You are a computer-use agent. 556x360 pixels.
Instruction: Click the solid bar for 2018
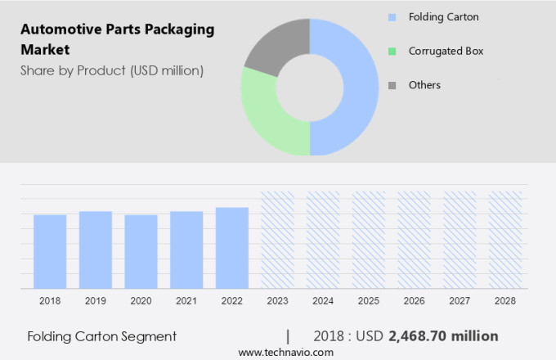50,251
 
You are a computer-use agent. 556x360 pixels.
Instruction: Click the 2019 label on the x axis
95,301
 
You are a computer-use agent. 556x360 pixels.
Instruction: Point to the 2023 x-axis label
277,301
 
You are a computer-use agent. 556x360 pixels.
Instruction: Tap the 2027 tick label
460,301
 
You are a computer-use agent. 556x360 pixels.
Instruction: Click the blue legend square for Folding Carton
392,16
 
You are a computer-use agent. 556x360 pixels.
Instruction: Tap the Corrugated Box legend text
446,51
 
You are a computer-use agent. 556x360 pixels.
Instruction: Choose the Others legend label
424,85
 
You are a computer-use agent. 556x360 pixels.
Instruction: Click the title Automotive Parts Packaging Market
117,39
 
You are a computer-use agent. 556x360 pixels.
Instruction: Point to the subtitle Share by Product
112,70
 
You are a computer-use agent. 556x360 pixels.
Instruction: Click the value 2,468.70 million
443,336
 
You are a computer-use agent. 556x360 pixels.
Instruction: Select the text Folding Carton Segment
101,336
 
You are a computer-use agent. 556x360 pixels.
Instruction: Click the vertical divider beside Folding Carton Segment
288,336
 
